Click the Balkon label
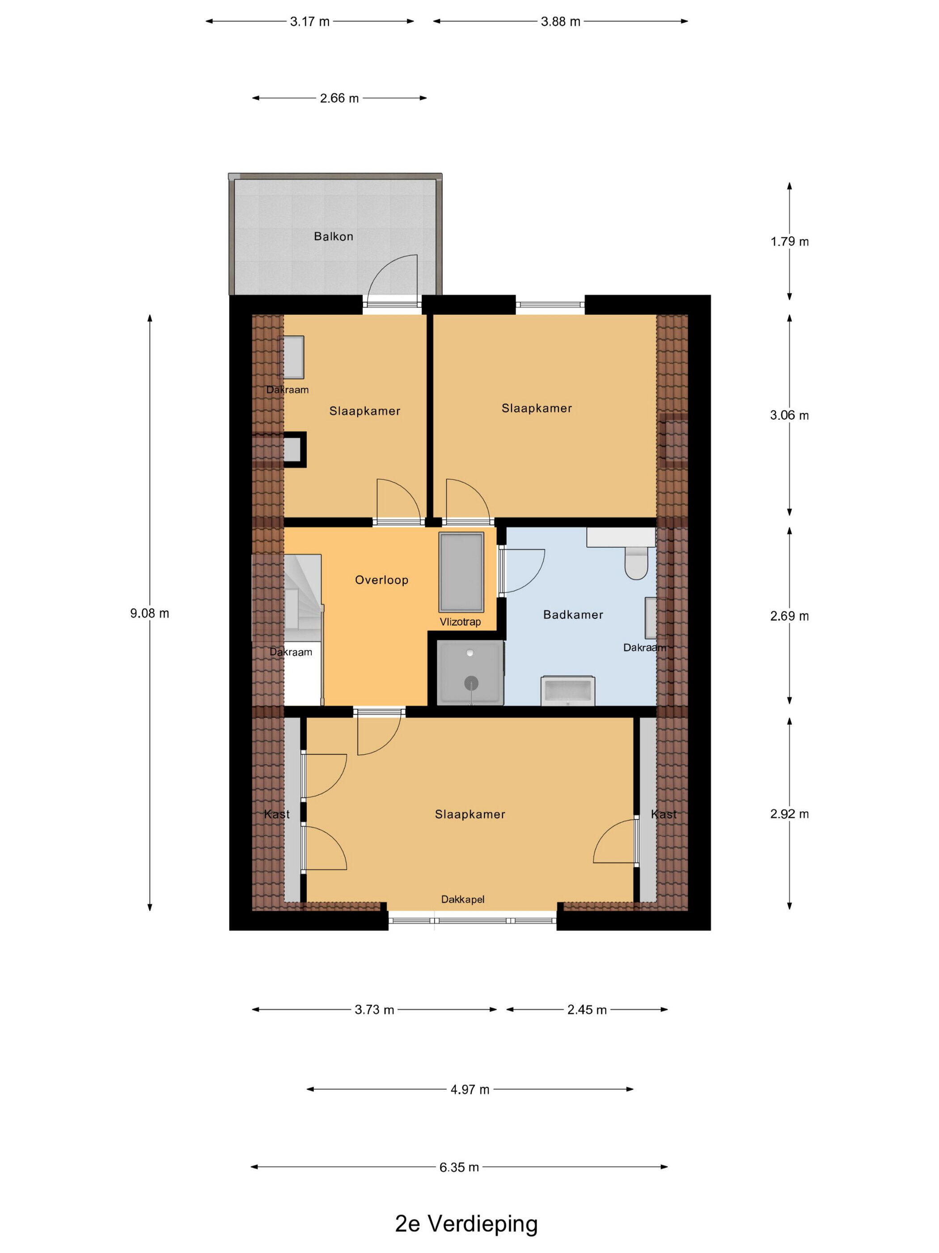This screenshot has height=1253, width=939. (x=334, y=236)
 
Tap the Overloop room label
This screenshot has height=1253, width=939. (x=381, y=580)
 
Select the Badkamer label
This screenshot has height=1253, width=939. (x=573, y=614)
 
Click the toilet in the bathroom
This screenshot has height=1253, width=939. (x=636, y=563)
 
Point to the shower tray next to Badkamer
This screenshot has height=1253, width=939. (x=470, y=673)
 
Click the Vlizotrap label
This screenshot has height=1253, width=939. (x=460, y=622)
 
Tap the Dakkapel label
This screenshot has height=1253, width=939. (x=463, y=899)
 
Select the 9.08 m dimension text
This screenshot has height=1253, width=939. (x=150, y=613)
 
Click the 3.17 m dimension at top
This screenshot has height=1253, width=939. (x=309, y=22)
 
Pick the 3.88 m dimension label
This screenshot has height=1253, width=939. (x=560, y=22)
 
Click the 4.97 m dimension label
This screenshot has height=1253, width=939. (x=470, y=1089)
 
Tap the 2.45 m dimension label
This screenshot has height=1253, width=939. (x=587, y=1010)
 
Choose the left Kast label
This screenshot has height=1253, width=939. (x=277, y=814)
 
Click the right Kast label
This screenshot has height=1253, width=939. (x=664, y=814)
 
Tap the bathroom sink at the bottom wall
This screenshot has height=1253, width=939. (x=568, y=690)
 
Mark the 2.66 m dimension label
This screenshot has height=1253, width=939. (x=339, y=98)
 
